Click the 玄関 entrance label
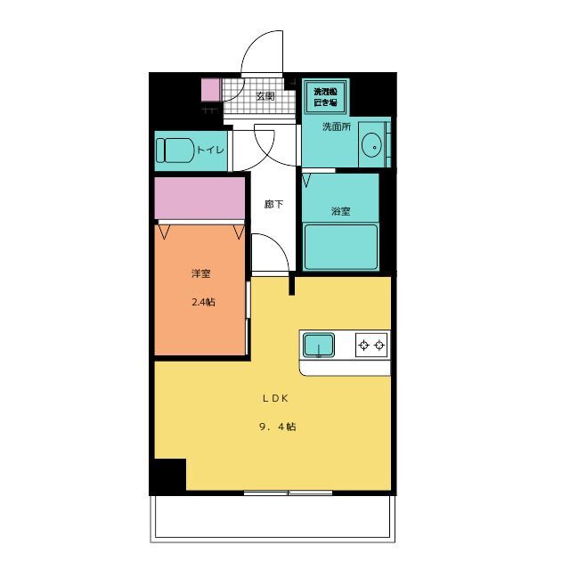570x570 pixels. (x=265, y=96)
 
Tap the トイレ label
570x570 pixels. (x=210, y=150)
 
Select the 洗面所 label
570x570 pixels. (x=337, y=126)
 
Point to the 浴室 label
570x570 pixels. (x=340, y=211)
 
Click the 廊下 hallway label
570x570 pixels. (x=273, y=205)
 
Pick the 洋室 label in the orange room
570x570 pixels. (x=201, y=273)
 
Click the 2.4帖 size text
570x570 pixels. (x=203, y=302)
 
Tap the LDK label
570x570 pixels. (x=274, y=398)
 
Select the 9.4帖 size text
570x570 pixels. (x=277, y=427)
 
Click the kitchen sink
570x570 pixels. (x=318, y=345)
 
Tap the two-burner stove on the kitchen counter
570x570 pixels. (x=372, y=345)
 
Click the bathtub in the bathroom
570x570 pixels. (x=341, y=247)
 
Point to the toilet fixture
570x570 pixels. (x=175, y=150)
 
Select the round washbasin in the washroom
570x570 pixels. (x=374, y=142)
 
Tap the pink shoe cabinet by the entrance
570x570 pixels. (x=210, y=90)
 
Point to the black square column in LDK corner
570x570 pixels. (x=167, y=476)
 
